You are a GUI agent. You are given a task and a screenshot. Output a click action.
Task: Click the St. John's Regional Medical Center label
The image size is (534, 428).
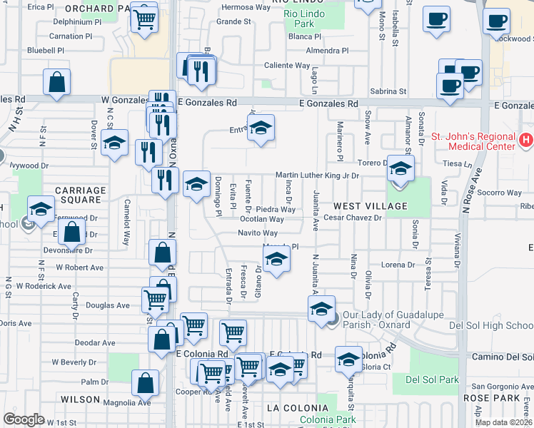tap(473, 141)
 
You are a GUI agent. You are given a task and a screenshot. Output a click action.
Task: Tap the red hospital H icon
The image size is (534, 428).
tap(526, 140)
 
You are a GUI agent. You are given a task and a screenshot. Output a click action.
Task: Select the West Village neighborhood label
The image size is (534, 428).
tap(376, 206)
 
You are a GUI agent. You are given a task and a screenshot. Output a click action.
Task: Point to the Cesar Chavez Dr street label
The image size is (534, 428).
tap(353, 218)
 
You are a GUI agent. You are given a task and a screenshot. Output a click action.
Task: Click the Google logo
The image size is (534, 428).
tap(24, 419)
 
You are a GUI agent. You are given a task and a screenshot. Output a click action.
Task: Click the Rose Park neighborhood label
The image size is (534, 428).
tap(485, 397)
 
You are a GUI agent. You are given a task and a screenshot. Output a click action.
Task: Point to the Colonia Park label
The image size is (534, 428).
tap(328, 420)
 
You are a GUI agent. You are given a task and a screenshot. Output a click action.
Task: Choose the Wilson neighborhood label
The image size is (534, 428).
tap(81, 399)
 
